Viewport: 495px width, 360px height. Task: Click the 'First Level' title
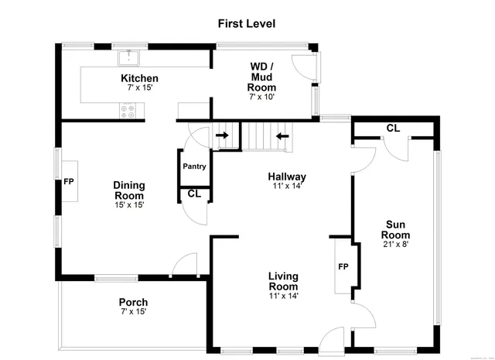point(247,24)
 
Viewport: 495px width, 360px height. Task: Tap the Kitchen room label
point(139,78)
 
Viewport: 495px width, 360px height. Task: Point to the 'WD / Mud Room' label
point(261,77)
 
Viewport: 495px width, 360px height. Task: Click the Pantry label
point(193,166)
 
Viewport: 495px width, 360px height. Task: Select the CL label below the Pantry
point(194,194)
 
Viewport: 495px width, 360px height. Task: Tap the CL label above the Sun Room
point(393,128)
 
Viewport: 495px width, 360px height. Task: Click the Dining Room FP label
point(68,182)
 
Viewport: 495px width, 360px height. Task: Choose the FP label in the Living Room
point(343,267)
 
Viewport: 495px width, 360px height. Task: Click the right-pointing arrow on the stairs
point(224,136)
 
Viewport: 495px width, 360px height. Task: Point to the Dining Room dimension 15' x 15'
point(128,204)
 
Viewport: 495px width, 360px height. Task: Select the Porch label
point(133,302)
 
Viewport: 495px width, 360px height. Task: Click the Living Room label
point(283,281)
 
